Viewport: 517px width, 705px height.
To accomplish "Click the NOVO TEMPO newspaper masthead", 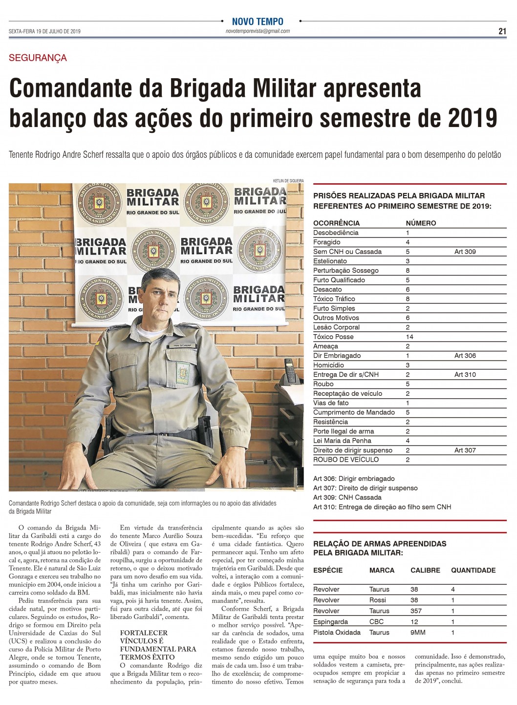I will click(258, 21).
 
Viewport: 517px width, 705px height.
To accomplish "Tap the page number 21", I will click(502, 31).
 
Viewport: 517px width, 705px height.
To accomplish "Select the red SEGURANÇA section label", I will click(38, 58).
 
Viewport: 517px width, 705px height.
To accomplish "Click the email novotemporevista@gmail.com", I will click(258, 31).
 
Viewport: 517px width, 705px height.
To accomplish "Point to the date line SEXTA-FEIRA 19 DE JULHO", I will click(44, 31).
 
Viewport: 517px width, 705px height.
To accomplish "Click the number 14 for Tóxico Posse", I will click(409, 337).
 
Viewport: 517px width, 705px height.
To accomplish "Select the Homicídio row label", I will click(328, 365).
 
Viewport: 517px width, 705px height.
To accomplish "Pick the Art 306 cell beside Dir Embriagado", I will click(465, 356).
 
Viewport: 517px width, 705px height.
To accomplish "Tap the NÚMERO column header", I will click(421, 223).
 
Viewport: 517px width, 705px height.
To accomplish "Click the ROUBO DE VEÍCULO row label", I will click(346, 460).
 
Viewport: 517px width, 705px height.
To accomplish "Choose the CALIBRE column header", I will click(425, 570).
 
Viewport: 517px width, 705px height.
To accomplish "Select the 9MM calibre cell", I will click(418, 632).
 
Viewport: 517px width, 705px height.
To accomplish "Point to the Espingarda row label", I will click(330, 621).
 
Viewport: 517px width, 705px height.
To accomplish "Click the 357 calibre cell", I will click(415, 611).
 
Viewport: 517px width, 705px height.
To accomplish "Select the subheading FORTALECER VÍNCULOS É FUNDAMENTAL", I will click(158, 645).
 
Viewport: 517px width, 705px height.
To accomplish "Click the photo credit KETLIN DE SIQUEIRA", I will click(288, 181).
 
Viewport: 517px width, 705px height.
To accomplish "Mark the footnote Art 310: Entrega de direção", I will click(382, 507).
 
